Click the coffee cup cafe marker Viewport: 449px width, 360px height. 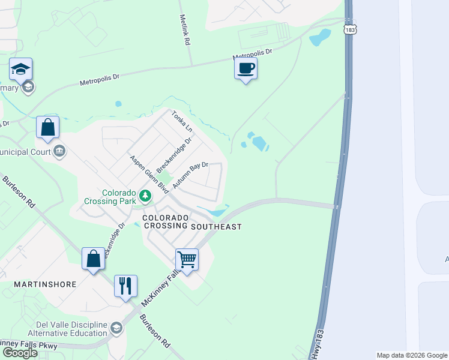(x=246, y=69)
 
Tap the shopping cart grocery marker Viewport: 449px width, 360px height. (x=187, y=260)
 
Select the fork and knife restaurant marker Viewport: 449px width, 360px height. (x=125, y=286)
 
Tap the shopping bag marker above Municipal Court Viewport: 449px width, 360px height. (x=48, y=127)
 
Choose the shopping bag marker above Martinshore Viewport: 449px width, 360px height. (x=93, y=259)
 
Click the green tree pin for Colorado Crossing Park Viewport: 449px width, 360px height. (x=145, y=195)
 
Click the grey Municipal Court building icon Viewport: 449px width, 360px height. (x=59, y=151)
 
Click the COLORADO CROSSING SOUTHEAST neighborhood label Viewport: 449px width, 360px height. (x=191, y=222)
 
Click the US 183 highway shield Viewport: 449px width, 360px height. (x=349, y=29)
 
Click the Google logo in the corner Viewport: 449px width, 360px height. (x=20, y=353)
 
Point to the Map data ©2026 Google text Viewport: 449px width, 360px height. (x=412, y=355)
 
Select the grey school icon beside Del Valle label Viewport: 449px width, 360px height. (x=116, y=328)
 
